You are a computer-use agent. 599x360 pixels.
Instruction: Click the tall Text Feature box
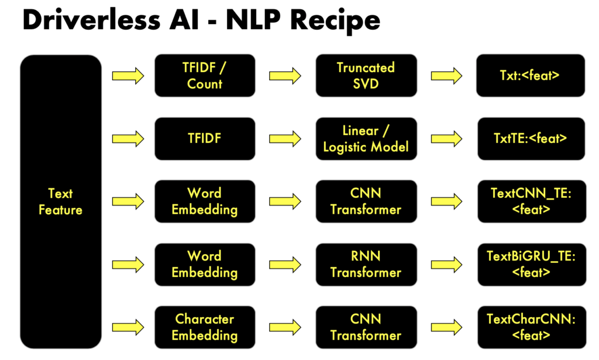[61, 201]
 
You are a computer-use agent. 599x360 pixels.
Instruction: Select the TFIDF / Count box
[205, 76]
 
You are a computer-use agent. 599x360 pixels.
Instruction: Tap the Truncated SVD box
[366, 76]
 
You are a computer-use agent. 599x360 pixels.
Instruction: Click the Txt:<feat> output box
[530, 76]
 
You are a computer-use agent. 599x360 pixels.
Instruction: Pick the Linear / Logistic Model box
[366, 139]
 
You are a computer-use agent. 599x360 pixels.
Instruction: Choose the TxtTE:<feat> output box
[531, 139]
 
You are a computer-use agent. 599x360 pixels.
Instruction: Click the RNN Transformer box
[366, 265]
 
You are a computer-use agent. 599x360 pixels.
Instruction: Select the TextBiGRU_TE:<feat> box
[531, 265]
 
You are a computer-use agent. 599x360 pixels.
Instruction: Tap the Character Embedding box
[205, 327]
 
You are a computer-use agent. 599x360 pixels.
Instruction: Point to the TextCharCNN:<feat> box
[531, 327]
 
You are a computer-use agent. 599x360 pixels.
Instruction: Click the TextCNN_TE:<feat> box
[531, 201]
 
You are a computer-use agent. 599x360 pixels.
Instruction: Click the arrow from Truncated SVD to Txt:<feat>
[446, 76]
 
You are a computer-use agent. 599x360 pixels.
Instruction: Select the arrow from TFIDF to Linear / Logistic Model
[285, 139]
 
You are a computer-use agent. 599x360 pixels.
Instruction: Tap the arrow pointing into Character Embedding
[128, 327]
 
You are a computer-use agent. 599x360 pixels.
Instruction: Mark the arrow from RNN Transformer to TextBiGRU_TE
[446, 265]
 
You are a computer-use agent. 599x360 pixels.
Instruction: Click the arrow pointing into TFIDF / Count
[128, 76]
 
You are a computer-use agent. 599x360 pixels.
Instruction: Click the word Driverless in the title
[91, 20]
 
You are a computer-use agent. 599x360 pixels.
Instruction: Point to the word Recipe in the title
[335, 22]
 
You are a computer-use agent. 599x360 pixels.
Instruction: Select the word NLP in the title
[254, 20]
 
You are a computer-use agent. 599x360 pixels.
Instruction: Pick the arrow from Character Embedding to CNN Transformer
[285, 327]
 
